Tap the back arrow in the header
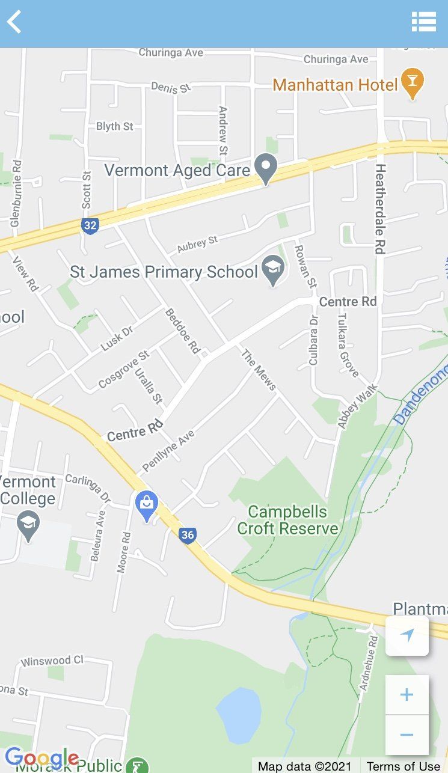pyautogui.click(x=14, y=22)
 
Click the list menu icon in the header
pyautogui.click(x=423, y=22)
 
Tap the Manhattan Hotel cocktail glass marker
pyautogui.click(x=412, y=83)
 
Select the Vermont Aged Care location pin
pyautogui.click(x=265, y=168)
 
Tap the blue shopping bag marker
pyautogui.click(x=147, y=506)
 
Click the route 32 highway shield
pyautogui.click(x=90, y=226)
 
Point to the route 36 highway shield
pyautogui.click(x=188, y=534)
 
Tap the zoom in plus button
pyautogui.click(x=407, y=695)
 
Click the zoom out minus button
pyautogui.click(x=407, y=735)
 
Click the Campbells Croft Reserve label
pyautogui.click(x=287, y=521)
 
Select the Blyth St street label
pyautogui.click(x=115, y=126)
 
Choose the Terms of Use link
pyautogui.click(x=404, y=766)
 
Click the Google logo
pyautogui.click(x=41, y=759)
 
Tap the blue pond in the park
pyautogui.click(x=239, y=715)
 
